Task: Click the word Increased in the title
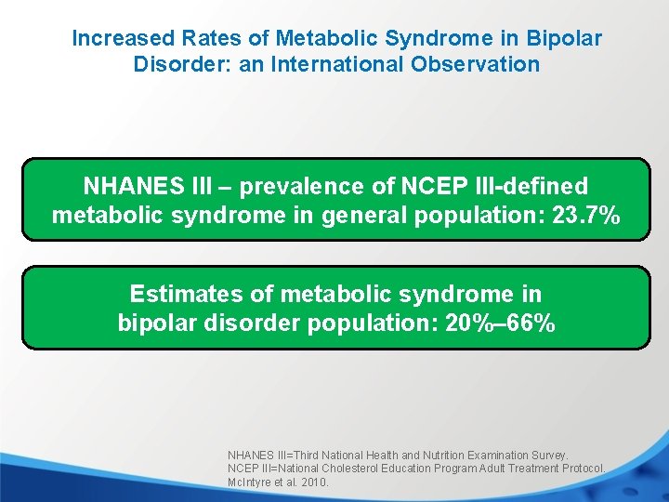click(x=123, y=39)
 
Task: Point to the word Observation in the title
click(x=477, y=64)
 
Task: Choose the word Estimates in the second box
click(x=187, y=295)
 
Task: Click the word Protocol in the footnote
click(x=583, y=469)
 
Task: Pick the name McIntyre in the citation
click(x=250, y=482)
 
